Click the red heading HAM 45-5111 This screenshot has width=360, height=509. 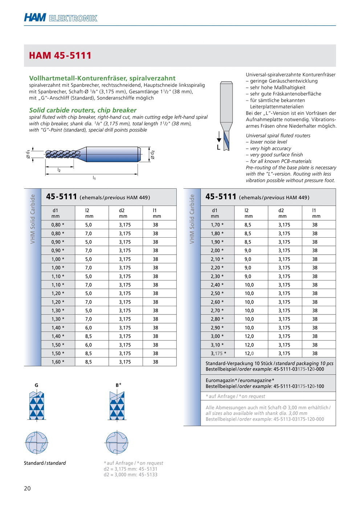[x=60, y=56]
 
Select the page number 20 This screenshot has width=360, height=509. [x=27, y=488]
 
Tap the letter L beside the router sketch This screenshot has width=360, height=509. [x=218, y=148]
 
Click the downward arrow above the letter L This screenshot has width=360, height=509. [x=219, y=137]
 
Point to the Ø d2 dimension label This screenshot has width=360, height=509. [x=152, y=155]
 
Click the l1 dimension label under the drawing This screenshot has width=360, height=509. [x=94, y=178]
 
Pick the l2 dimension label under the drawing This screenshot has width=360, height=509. [x=59, y=170]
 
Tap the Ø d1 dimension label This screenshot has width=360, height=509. [x=28, y=154]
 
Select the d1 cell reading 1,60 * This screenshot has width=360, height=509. [x=58, y=362]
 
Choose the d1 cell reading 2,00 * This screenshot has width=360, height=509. [x=217, y=250]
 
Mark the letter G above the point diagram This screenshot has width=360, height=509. [x=36, y=385]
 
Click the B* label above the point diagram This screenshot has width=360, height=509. [x=118, y=385]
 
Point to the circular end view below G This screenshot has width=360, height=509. [x=37, y=443]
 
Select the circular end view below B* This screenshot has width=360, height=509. [x=117, y=443]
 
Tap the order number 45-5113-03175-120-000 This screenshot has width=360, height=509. [x=299, y=419]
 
